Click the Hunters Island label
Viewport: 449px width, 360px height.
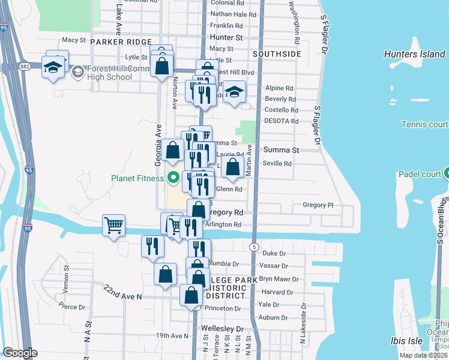(x=414, y=55)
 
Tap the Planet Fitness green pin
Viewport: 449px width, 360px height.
(x=174, y=178)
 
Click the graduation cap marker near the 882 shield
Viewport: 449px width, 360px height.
(x=53, y=67)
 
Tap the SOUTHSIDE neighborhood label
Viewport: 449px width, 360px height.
(x=277, y=54)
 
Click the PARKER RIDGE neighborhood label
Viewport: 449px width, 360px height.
(x=115, y=42)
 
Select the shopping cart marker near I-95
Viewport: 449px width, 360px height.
(x=113, y=226)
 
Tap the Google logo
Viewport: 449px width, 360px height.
(x=20, y=352)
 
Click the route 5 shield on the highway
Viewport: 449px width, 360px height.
(x=255, y=247)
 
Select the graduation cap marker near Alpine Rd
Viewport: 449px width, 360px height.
(x=235, y=92)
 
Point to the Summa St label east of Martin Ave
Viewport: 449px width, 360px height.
(x=281, y=149)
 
